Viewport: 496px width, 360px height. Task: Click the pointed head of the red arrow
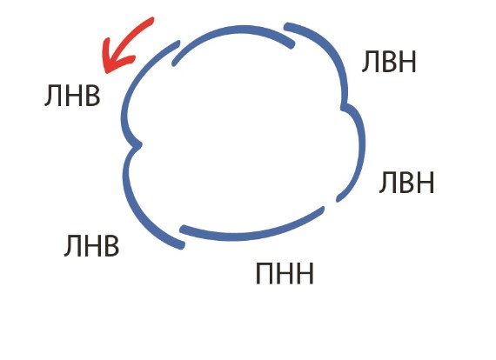[x=106, y=71]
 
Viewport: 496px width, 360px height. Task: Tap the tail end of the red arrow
[x=152, y=19]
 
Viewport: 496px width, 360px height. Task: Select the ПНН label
[x=285, y=273]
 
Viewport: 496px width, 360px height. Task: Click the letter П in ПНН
[x=265, y=273]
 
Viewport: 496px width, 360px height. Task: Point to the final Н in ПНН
[x=305, y=273]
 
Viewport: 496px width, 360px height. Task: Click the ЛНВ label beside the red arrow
[x=72, y=96]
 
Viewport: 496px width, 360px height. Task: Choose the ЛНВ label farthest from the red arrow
[x=91, y=245]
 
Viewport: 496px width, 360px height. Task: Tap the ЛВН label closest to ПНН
[x=406, y=182]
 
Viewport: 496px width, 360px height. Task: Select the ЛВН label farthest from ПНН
[x=389, y=62]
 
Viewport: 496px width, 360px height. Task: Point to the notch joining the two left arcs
[x=139, y=145]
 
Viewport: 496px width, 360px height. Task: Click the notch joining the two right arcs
[x=344, y=107]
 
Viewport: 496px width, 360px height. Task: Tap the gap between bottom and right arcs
[x=330, y=204]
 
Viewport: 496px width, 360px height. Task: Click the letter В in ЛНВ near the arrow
[x=92, y=96]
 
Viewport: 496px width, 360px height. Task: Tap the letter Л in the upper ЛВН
[x=370, y=62]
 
